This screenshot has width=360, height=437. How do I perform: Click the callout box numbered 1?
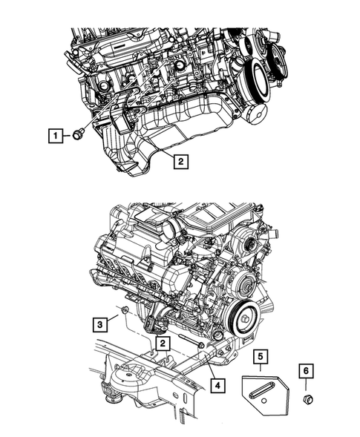54,135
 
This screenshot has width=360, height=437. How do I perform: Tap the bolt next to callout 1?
76,135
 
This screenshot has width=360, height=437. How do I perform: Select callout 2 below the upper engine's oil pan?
180,159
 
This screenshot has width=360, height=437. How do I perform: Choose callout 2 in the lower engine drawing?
161,344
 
